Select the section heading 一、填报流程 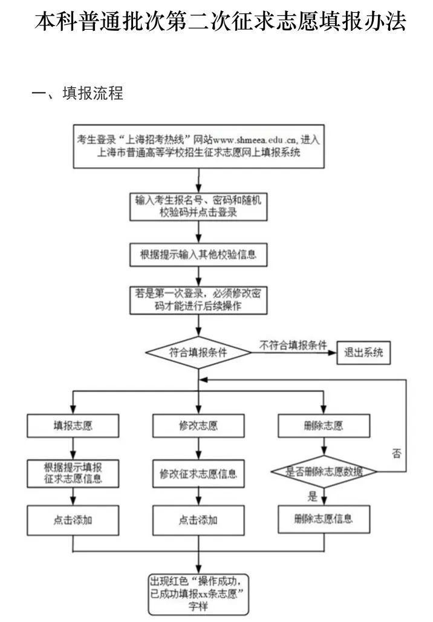pos(77,94)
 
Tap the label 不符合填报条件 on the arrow pos(293,345)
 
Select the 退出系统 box pos(363,353)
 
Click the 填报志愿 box pos(73,425)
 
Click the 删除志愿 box pos(324,425)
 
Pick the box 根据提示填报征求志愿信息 pos(73,473)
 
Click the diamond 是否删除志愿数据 pos(324,472)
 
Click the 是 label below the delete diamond pos(313,497)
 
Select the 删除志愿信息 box pos(324,519)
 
